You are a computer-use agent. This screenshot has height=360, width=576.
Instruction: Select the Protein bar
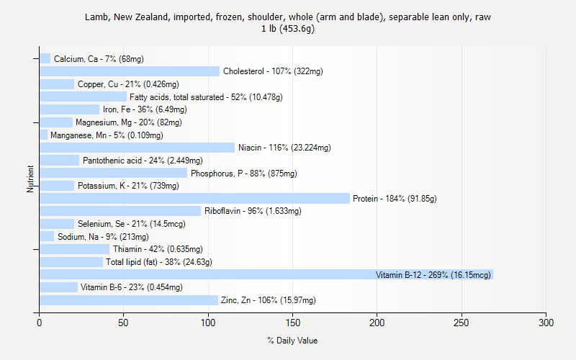[x=194, y=198]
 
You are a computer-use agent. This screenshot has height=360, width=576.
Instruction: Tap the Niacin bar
[x=137, y=148]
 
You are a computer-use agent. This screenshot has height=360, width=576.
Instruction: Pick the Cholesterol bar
[x=130, y=71]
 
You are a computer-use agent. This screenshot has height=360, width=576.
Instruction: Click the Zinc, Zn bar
[x=129, y=300]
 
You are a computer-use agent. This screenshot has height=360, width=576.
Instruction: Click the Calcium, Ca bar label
[x=94, y=59]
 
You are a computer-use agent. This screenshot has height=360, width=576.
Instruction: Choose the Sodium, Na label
[x=103, y=236]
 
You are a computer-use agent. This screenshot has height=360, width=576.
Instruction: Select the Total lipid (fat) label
[x=159, y=262]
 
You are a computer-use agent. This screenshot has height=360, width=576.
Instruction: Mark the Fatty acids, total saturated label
[x=206, y=97]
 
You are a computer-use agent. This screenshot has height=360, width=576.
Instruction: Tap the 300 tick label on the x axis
[x=546, y=323]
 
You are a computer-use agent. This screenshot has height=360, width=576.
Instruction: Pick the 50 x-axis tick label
[x=124, y=323]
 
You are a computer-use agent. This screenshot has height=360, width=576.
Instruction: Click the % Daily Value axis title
[x=292, y=341]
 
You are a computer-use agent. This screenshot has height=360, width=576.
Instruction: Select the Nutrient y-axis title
[x=31, y=179]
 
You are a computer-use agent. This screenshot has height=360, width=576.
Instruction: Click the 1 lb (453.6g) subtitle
[x=288, y=29]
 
